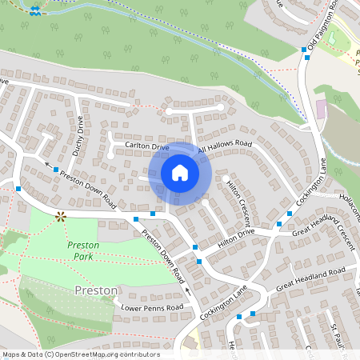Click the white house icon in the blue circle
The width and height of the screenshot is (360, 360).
point(180,173)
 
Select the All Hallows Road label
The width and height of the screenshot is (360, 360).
point(225,147)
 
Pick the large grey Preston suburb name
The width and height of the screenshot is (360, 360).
point(96,289)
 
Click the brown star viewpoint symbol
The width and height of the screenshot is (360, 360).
point(60,215)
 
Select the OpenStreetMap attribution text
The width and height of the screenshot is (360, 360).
point(80,354)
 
